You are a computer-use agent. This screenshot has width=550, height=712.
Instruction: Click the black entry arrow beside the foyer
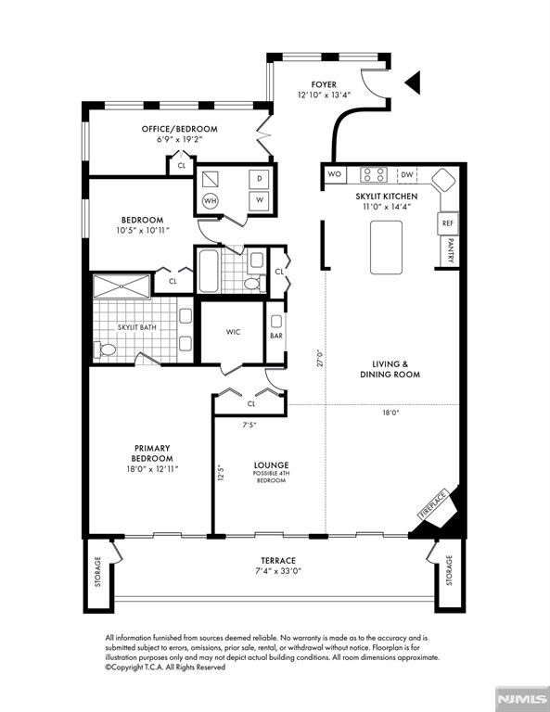[x=414, y=83]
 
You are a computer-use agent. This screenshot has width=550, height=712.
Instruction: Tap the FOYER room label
[x=324, y=85]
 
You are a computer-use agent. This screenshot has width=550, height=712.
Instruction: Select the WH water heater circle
[x=210, y=200]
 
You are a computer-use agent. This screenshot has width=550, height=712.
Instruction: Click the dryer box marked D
[x=260, y=179]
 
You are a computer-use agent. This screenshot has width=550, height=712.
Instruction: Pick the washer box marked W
[x=260, y=200]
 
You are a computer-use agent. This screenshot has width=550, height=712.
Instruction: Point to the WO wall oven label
[x=334, y=174]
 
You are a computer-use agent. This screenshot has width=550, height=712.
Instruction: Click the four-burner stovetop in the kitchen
[x=374, y=174]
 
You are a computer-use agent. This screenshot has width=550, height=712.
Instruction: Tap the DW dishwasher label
[x=407, y=174]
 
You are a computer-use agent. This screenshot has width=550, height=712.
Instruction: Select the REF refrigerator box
[x=448, y=223]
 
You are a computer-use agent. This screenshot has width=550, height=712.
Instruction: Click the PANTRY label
[x=451, y=250]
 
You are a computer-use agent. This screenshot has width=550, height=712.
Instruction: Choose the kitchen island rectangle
[x=386, y=248]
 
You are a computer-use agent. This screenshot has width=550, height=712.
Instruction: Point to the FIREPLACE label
[x=432, y=504]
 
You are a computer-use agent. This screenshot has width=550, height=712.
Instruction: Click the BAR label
[x=276, y=336]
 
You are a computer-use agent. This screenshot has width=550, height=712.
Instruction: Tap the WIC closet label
[x=233, y=332]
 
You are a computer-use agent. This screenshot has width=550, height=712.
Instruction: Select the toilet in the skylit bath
[x=105, y=350]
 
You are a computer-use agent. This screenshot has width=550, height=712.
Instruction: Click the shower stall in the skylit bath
[x=122, y=286]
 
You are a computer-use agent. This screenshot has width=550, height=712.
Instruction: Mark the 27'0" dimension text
[x=320, y=358]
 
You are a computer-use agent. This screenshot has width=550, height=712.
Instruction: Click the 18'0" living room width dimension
[x=390, y=413]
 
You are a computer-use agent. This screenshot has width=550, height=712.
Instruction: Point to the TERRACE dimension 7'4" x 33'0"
[x=278, y=571]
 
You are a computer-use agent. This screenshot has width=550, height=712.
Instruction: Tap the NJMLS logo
[x=522, y=698]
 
